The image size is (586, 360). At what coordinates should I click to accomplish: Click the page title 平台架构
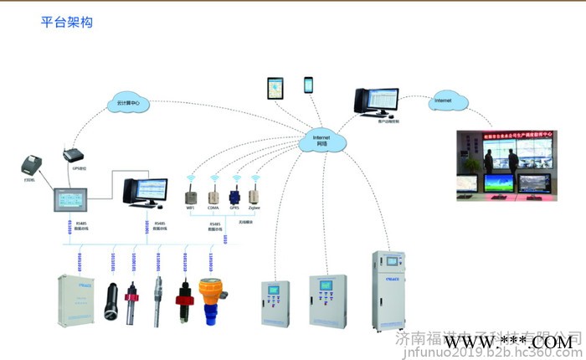click(x=66, y=23)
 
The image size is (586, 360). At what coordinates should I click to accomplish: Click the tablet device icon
click(x=275, y=87)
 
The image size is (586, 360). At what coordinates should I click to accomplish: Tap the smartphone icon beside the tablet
click(x=308, y=85)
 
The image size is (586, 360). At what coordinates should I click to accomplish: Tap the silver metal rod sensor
click(x=158, y=297)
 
